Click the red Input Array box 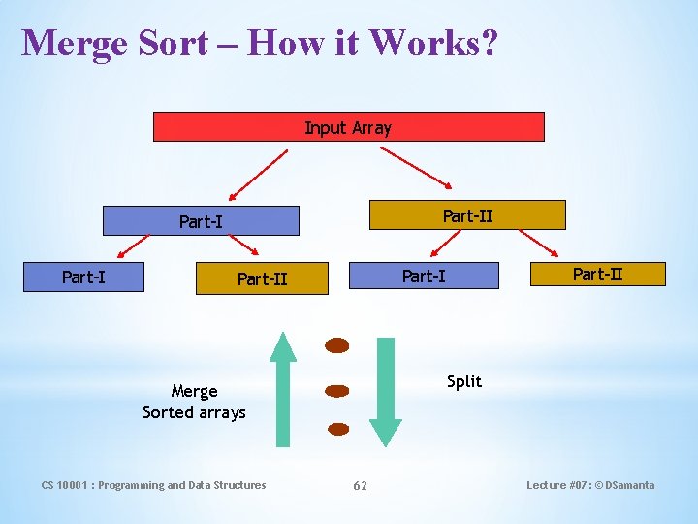tap(348, 127)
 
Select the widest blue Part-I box tap(201, 221)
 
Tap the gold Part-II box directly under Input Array tap(467, 215)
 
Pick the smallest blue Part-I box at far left tap(84, 277)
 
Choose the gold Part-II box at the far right tap(597, 274)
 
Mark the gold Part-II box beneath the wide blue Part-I tap(262, 279)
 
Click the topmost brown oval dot tap(336, 345)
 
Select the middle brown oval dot tap(336, 391)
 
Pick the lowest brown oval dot tap(337, 428)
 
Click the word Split tap(464, 381)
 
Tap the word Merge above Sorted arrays tap(194, 391)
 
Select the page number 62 tap(360, 485)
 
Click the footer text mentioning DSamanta tap(589, 485)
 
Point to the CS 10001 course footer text tap(153, 485)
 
